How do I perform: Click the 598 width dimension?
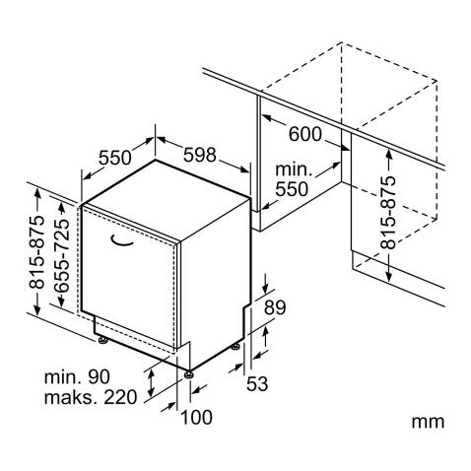point(200,155)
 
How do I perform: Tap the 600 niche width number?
point(305,134)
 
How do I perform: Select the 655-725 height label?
point(62,255)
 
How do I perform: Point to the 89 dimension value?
point(275,307)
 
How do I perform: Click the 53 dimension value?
point(257,383)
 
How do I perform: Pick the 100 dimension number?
point(196,417)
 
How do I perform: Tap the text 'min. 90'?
point(77,377)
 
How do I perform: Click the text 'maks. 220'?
point(91,397)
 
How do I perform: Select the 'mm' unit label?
point(428,422)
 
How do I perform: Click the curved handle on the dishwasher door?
point(121,241)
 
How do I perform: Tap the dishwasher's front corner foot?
point(188,374)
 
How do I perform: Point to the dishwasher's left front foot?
point(102,340)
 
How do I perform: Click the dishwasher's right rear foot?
point(235,346)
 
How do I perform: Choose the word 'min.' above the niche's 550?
point(294,169)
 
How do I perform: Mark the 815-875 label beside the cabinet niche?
point(387,213)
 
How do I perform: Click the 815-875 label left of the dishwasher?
point(36,252)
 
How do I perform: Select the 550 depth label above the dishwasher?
point(115,158)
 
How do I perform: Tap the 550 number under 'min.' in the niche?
point(292,189)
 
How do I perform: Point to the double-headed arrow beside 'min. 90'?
point(151,382)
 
